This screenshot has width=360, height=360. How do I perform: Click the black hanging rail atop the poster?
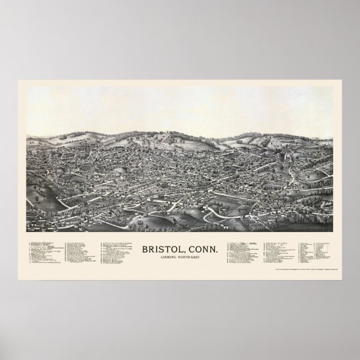[180, 3]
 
